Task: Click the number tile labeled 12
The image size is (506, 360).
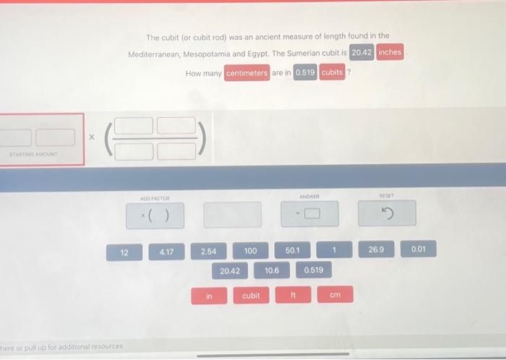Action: [124, 252]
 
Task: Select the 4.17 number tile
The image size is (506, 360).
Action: [166, 252]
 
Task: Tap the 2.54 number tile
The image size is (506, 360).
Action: [208, 251]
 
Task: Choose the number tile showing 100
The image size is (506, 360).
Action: [250, 251]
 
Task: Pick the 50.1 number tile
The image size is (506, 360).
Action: [292, 250]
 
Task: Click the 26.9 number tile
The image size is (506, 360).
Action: [377, 249]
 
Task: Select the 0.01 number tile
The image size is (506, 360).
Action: [419, 249]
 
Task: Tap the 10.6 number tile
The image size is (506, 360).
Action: [272, 270]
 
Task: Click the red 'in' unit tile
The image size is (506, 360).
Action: [209, 296]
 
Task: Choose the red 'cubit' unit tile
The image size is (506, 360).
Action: [251, 295]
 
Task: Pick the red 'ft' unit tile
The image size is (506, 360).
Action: [293, 294]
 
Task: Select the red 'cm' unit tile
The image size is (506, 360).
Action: [335, 294]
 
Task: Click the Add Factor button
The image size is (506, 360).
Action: [155, 215]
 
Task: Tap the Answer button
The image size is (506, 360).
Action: [310, 213]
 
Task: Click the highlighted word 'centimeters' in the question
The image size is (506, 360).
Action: [247, 73]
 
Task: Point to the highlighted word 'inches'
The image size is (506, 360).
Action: [390, 52]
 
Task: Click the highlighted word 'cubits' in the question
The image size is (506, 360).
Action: [332, 72]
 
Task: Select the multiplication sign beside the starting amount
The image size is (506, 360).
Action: [92, 137]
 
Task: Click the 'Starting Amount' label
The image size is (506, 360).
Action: [33, 154]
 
